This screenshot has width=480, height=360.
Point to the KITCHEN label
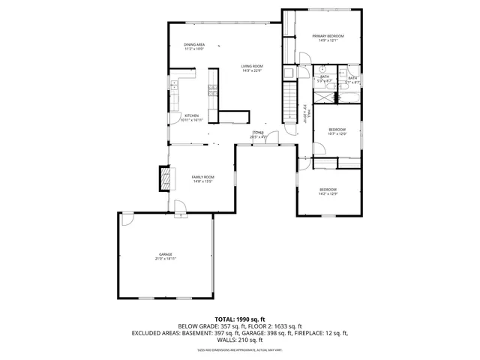[192, 115]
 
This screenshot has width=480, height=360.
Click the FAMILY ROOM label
[203, 177]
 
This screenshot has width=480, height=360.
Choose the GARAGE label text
[165, 254]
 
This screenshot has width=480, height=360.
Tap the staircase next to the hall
[290, 101]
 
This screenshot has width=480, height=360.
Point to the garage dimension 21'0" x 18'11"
[165, 259]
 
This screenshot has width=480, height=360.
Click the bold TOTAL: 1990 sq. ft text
[239, 319]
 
